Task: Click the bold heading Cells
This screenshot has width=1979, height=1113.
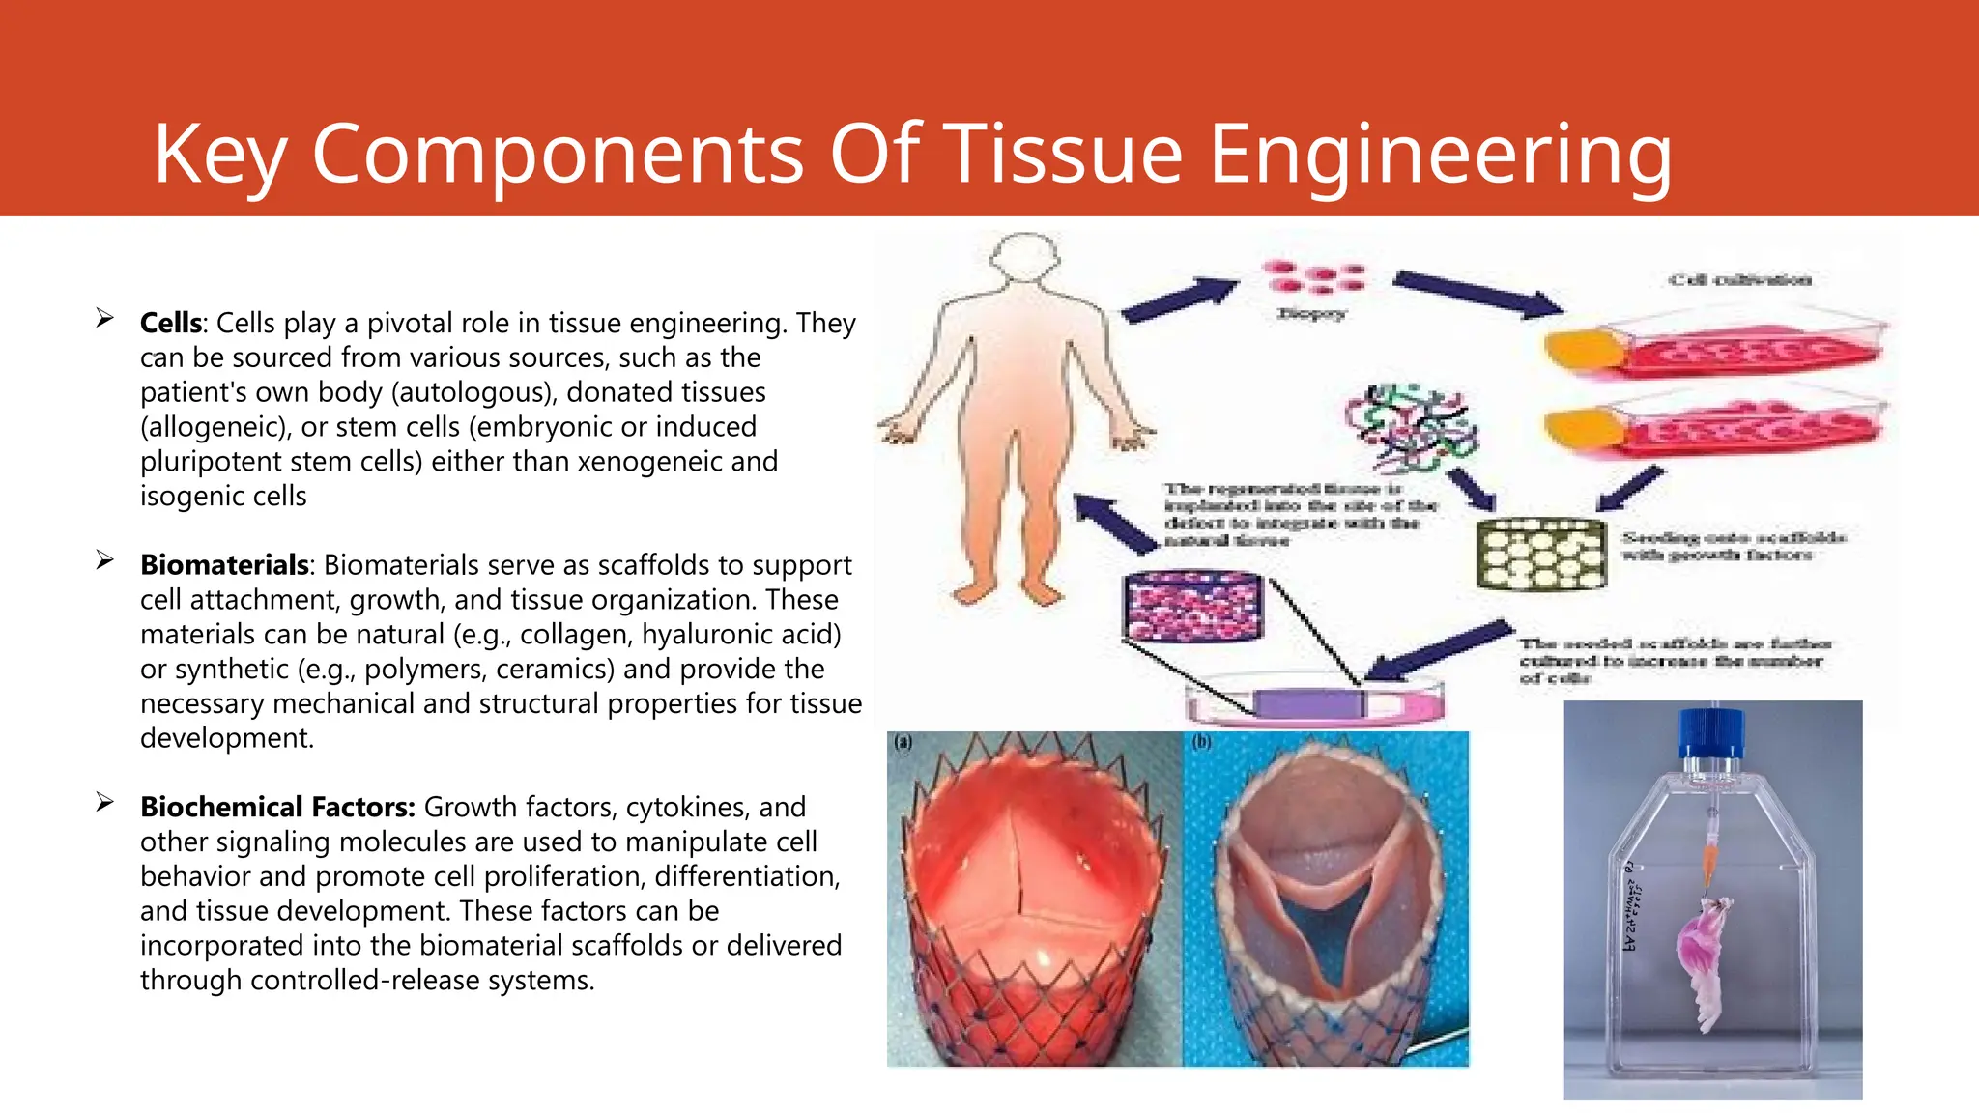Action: point(171,323)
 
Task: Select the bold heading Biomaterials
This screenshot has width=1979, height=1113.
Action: point(224,564)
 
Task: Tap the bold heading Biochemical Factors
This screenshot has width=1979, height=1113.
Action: point(276,807)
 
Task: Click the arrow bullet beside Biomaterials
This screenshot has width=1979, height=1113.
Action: point(104,560)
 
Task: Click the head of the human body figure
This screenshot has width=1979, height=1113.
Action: point(1025,258)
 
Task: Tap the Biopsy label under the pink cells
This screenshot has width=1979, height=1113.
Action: point(1310,313)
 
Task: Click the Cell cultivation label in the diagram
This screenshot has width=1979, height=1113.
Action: point(1739,280)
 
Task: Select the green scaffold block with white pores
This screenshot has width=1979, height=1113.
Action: point(1541,555)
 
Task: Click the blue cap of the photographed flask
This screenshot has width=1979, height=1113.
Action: point(1711,735)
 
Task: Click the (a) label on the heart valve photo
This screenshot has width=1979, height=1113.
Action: point(903,742)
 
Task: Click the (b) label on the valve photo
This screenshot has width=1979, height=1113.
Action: point(1201,742)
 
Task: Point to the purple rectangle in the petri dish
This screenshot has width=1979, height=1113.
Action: point(1308,703)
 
